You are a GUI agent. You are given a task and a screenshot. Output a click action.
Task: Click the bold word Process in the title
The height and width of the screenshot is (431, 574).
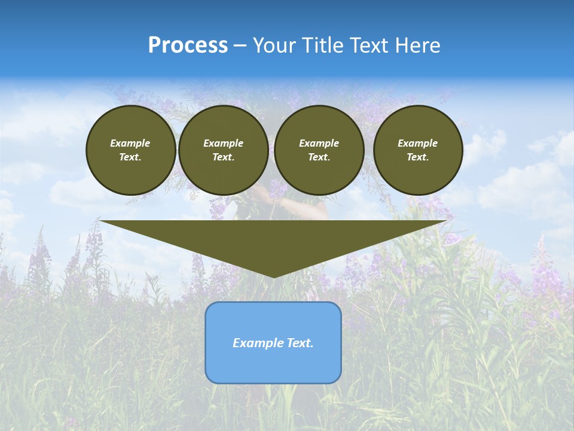pyautogui.click(x=188, y=45)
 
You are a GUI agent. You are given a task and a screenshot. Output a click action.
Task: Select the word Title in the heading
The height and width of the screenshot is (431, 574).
pyautogui.click(x=324, y=45)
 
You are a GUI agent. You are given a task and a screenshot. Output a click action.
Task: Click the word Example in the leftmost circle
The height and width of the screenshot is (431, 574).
pyautogui.click(x=130, y=143)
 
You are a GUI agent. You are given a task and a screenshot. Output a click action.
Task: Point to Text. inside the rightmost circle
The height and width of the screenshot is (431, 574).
pyautogui.click(x=418, y=157)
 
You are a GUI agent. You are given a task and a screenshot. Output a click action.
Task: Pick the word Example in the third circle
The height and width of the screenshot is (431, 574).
pyautogui.click(x=319, y=143)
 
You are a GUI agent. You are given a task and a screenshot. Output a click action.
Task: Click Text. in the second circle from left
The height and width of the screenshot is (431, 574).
pyautogui.click(x=224, y=157)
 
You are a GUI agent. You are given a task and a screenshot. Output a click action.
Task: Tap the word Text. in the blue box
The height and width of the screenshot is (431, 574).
pyautogui.click(x=300, y=343)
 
